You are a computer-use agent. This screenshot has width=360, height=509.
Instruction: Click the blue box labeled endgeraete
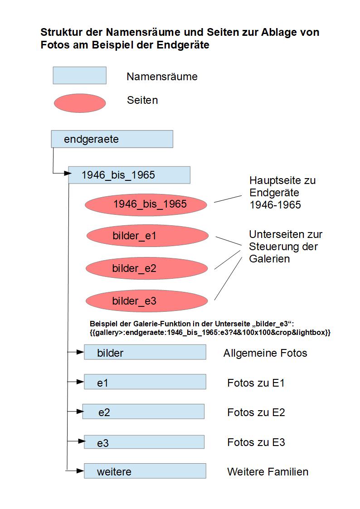(112, 139)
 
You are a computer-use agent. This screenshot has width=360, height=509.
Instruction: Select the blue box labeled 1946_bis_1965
(129, 175)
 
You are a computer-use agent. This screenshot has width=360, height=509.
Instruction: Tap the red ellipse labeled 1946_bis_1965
(146, 204)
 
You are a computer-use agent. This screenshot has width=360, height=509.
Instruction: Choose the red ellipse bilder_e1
(147, 236)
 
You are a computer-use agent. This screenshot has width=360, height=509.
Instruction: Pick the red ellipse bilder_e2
(147, 268)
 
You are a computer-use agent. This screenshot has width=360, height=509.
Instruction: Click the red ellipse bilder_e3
(147, 301)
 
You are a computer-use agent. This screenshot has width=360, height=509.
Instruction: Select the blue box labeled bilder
(145, 352)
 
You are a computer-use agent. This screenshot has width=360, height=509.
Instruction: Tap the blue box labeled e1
(145, 382)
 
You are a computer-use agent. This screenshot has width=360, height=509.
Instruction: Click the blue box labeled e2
(143, 412)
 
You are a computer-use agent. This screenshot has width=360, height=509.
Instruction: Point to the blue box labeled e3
(144, 442)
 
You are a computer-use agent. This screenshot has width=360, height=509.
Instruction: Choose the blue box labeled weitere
(145, 471)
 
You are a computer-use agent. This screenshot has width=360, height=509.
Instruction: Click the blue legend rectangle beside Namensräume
(79, 76)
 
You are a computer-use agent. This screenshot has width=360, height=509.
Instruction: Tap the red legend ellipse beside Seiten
(79, 103)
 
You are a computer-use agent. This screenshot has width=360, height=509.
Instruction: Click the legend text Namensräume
(162, 77)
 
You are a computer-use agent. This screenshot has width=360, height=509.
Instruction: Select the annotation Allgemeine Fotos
(265, 353)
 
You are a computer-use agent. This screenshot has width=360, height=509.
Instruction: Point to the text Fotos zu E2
(256, 412)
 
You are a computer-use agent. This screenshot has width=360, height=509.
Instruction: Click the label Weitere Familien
(268, 472)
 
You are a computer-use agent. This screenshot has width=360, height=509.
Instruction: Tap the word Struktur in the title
(58, 33)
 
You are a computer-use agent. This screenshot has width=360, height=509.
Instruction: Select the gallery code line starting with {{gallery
(210, 333)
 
